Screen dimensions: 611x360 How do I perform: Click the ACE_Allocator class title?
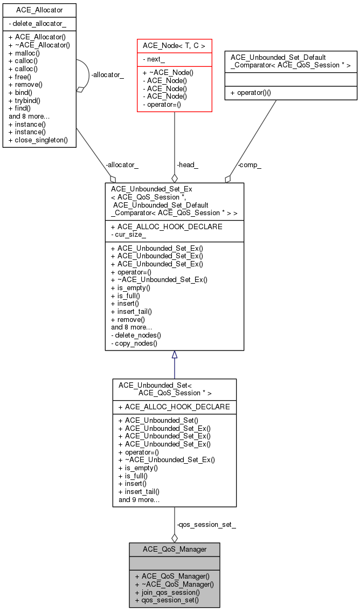coord(39,10)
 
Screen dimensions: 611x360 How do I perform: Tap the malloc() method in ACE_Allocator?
coord(27,53)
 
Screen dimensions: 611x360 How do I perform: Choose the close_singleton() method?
coord(38,140)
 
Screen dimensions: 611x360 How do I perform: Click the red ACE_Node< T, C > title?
coord(174,46)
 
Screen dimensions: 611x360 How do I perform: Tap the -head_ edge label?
coord(187,165)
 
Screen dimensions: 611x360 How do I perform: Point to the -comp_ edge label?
coord(250,165)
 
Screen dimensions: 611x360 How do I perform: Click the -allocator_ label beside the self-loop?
coord(107,75)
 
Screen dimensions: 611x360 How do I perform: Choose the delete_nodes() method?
coord(136,335)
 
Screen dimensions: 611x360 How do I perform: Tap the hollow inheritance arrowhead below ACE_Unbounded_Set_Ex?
coord(174,355)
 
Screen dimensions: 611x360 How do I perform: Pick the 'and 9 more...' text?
coord(139,499)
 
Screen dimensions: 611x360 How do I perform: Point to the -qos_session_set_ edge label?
coord(205,524)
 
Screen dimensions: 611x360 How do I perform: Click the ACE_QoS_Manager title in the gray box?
coord(174,549)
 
